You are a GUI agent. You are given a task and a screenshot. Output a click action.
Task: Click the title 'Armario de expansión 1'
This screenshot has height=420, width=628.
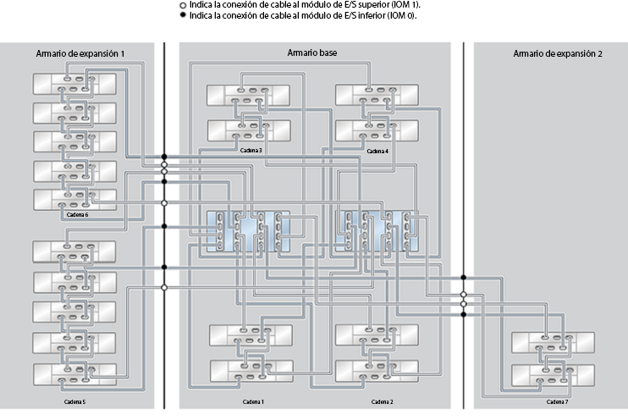80,53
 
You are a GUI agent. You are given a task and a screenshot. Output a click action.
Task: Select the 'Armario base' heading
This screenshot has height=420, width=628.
312,53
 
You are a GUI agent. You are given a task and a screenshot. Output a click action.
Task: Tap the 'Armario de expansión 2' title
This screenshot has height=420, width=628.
558,53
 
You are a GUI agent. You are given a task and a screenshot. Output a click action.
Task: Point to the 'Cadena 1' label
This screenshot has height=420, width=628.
253,401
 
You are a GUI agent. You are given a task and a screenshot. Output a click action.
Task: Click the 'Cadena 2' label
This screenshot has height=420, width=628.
382,401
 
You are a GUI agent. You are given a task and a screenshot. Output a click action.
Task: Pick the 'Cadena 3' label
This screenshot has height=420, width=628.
251,150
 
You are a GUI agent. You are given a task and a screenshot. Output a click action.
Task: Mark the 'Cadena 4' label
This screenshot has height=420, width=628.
377,150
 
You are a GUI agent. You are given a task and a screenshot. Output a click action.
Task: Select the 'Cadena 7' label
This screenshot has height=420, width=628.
556,401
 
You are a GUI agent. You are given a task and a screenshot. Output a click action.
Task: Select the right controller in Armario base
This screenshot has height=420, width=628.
377,230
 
